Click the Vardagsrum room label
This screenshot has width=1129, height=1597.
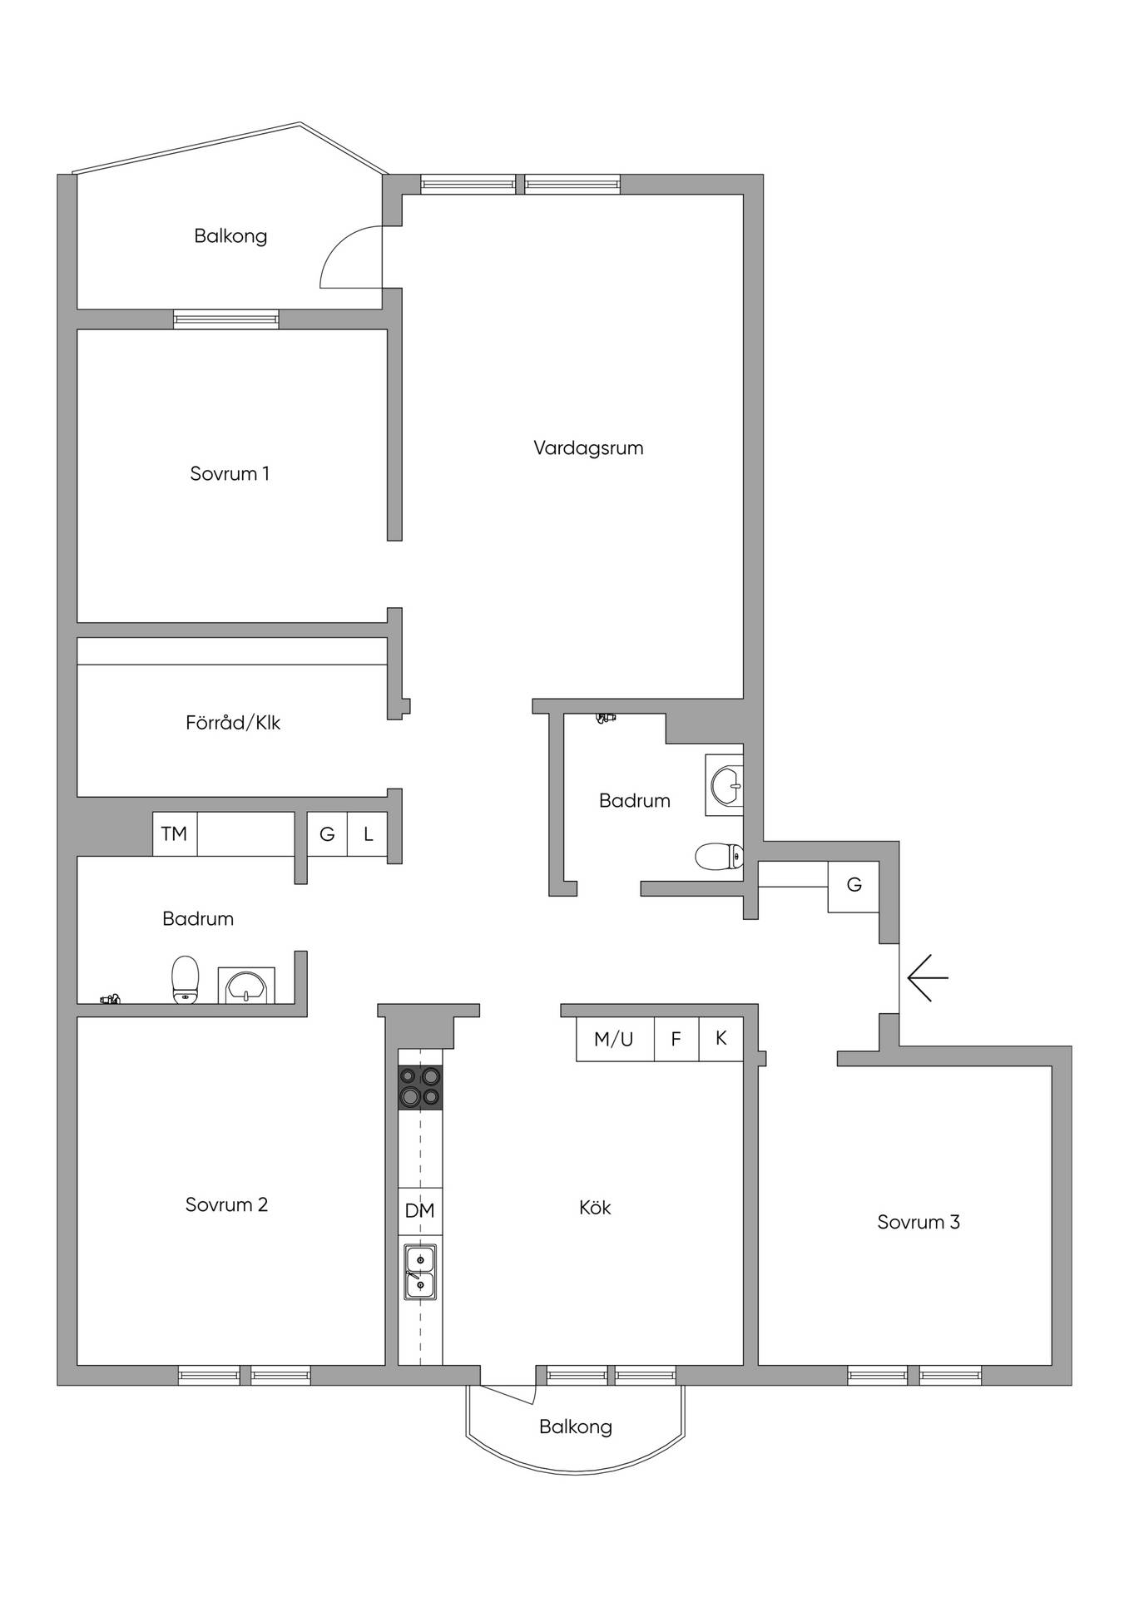tap(588, 448)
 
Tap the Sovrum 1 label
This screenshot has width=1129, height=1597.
tap(230, 474)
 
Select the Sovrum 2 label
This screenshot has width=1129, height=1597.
tap(226, 1205)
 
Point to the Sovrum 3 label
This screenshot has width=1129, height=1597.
tap(919, 1223)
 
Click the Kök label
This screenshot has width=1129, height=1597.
tap(595, 1207)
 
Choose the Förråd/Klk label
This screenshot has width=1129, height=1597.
tap(233, 723)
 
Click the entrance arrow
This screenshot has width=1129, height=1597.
tap(928, 978)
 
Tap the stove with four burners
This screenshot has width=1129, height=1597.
tap(420, 1087)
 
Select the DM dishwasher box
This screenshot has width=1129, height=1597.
tap(420, 1211)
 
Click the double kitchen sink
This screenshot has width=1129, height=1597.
tap(420, 1273)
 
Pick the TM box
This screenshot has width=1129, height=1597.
tap(175, 833)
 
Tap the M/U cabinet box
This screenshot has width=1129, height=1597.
tap(615, 1039)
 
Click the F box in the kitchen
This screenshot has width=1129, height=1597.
tap(676, 1039)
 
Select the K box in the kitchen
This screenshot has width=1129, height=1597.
tap(720, 1039)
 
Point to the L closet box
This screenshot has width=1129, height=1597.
tap(368, 833)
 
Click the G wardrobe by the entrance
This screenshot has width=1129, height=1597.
tap(854, 886)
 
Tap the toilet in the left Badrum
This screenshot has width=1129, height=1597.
tap(186, 980)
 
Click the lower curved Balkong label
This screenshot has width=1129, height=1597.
tap(576, 1427)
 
